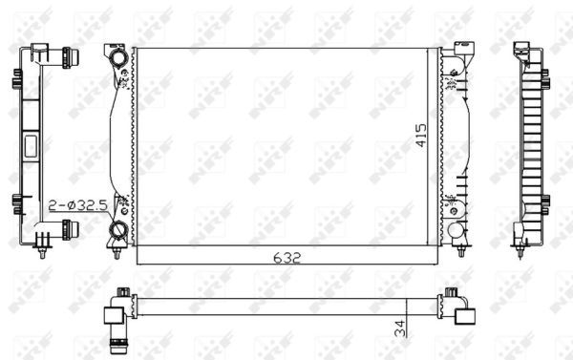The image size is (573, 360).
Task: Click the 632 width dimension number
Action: [290, 257]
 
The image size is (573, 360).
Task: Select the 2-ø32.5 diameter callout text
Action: [77, 204]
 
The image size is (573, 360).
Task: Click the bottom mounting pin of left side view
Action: [46, 252]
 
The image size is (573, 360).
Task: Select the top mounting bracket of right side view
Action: [524, 52]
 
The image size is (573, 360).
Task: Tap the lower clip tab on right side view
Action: [544, 201]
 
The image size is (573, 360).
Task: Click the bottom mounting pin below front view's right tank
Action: [460, 250]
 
